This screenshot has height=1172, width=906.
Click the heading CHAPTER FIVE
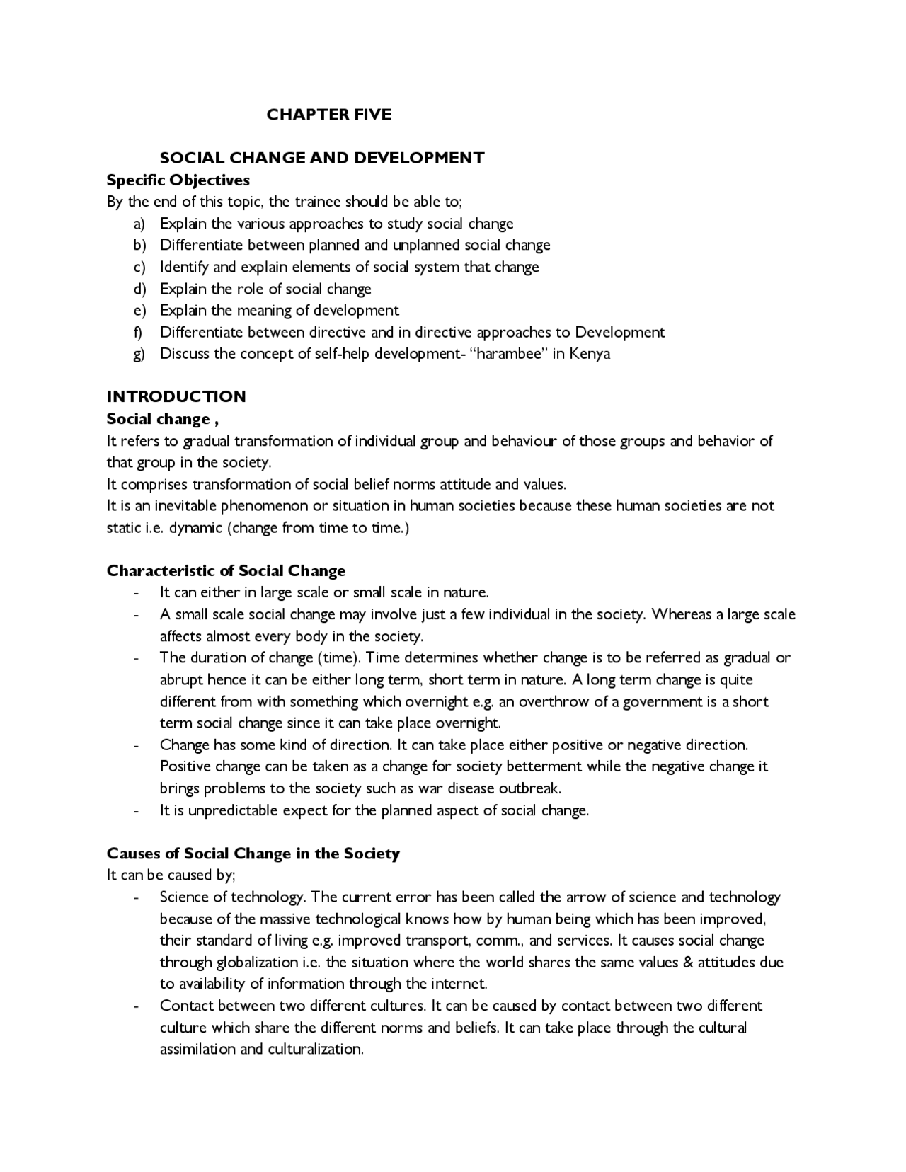coord(328,115)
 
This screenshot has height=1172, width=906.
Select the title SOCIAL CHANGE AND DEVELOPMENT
coord(322,158)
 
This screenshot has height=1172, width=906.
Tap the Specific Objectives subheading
coord(178,180)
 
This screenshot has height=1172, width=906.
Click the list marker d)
coord(139,289)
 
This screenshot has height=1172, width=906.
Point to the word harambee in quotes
coord(508,354)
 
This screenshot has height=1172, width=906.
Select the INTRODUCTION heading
coord(176,396)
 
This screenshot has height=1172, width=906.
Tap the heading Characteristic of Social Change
coord(226,571)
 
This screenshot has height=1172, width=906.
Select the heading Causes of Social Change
coord(253,854)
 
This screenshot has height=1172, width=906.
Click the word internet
coord(458,984)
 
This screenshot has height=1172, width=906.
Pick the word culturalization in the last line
coord(315,1050)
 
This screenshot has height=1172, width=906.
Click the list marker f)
coord(139,333)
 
